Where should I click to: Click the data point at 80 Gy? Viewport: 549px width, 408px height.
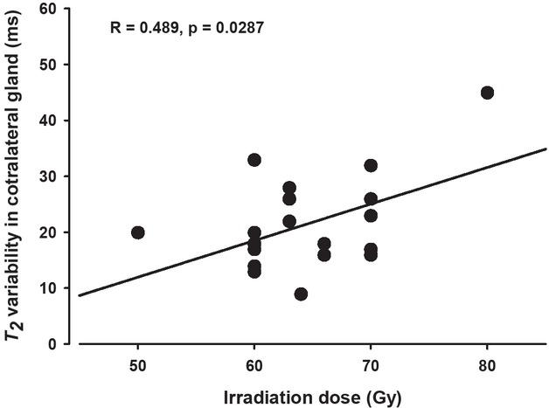pyautogui.click(x=487, y=93)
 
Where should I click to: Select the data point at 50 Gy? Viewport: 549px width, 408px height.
pyautogui.click(x=137, y=232)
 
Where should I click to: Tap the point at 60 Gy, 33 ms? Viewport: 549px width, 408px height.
pyautogui.click(x=254, y=160)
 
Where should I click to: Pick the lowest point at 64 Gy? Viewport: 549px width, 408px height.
pyautogui.click(x=301, y=294)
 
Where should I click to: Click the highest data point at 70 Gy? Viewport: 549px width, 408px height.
pyautogui.click(x=371, y=165)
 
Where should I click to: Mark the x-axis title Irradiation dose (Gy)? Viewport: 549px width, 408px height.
pyautogui.click(x=312, y=394)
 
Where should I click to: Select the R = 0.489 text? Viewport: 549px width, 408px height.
pyautogui.click(x=148, y=28)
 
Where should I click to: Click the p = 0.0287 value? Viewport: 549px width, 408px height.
pyautogui.click(x=229, y=28)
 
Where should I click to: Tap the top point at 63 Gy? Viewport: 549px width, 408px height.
pyautogui.click(x=289, y=188)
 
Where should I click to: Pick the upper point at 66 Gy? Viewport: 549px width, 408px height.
pyautogui.click(x=324, y=244)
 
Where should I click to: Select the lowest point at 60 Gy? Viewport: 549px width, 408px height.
pyautogui.click(x=254, y=272)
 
